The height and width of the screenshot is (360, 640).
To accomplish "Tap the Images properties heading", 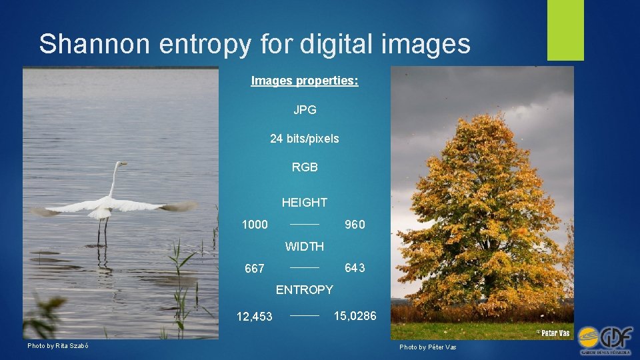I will [x=305, y=81].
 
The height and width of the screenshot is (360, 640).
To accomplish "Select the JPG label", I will [x=305, y=110].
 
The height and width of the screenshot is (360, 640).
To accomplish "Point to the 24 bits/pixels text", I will [x=305, y=139].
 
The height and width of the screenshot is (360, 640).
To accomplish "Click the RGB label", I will [x=305, y=167].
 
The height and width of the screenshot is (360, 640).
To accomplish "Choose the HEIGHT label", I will [x=305, y=202].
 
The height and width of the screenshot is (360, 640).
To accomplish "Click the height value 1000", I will [x=255, y=225].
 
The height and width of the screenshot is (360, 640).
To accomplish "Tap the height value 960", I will [x=355, y=225].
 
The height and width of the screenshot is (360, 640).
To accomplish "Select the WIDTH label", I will [x=305, y=247].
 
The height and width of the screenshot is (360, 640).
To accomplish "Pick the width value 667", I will [x=255, y=269].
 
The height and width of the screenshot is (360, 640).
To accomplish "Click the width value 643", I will [x=355, y=268].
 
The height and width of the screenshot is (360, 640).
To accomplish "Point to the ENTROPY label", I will [x=305, y=290].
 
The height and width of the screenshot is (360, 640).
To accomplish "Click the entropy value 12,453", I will [x=255, y=317].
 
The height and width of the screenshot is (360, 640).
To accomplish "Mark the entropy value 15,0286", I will [x=355, y=315].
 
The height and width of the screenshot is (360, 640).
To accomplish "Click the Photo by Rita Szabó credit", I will [x=58, y=345].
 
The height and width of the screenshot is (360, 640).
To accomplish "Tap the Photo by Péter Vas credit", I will [x=428, y=347].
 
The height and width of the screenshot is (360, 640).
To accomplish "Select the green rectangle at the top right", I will [x=565, y=30].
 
